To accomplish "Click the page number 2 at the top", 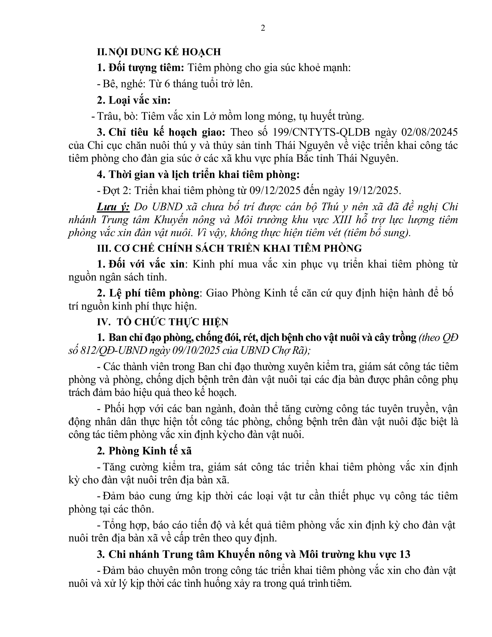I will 263,29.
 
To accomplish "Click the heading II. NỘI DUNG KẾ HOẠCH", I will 159,52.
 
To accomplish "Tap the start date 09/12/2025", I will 275,191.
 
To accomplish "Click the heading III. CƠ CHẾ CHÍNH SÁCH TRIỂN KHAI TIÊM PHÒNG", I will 229,248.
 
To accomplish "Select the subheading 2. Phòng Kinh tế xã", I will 144,451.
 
